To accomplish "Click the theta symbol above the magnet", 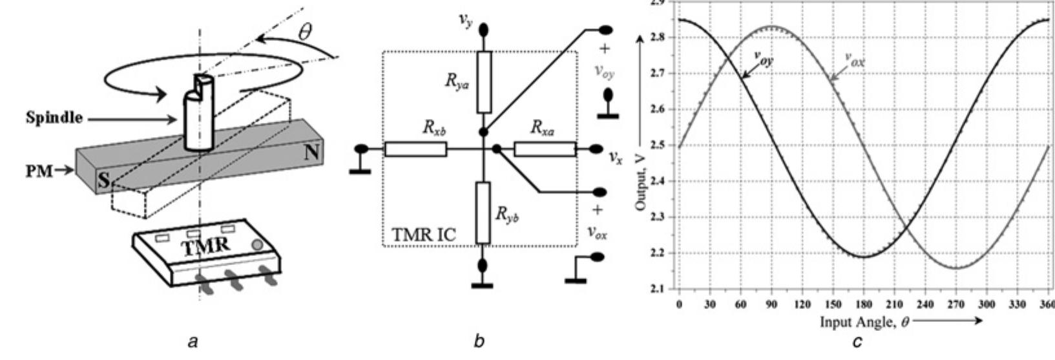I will click(304, 31).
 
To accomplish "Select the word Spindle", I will click(55, 118).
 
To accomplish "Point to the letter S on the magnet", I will click(103, 182).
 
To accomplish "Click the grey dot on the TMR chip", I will click(257, 245).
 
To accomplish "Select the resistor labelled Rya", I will click(484, 83).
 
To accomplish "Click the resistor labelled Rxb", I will click(415, 149).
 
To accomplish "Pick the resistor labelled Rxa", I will click(545, 149).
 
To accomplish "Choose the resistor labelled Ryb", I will click(484, 213).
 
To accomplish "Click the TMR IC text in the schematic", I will click(424, 235).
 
